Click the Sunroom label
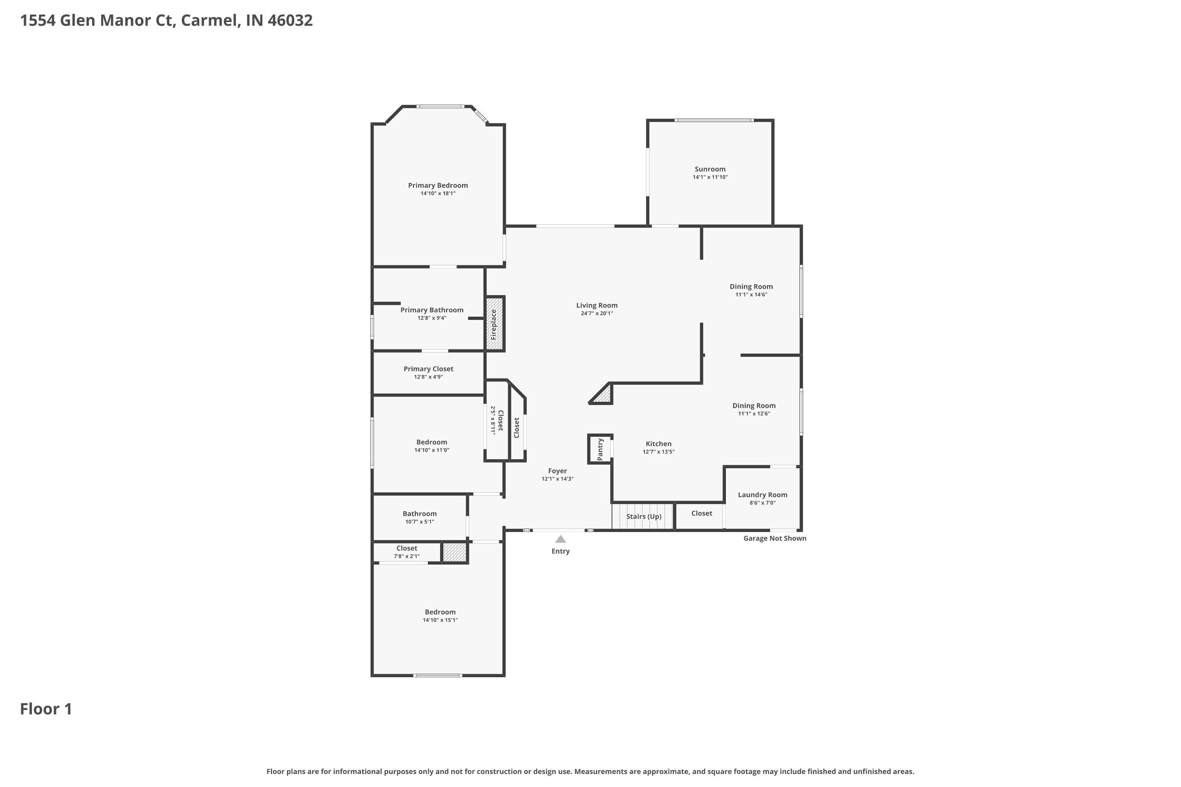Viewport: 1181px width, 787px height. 710,169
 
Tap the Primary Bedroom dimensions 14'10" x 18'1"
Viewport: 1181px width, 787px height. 438,193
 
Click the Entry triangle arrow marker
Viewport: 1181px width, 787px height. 560,539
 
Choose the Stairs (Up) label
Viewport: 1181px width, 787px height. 644,516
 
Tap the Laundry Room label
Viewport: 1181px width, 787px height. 762,495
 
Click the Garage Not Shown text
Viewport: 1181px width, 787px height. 775,539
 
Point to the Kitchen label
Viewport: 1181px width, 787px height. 658,444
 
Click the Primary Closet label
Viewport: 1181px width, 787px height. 428,369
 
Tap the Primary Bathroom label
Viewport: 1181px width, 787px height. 432,310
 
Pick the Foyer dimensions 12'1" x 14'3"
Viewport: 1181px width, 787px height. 557,479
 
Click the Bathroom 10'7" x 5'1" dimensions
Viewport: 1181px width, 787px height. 420,521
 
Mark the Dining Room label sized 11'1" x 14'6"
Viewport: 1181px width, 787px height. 751,286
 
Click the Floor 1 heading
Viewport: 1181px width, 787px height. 46,709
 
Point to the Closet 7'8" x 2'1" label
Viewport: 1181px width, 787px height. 407,548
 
